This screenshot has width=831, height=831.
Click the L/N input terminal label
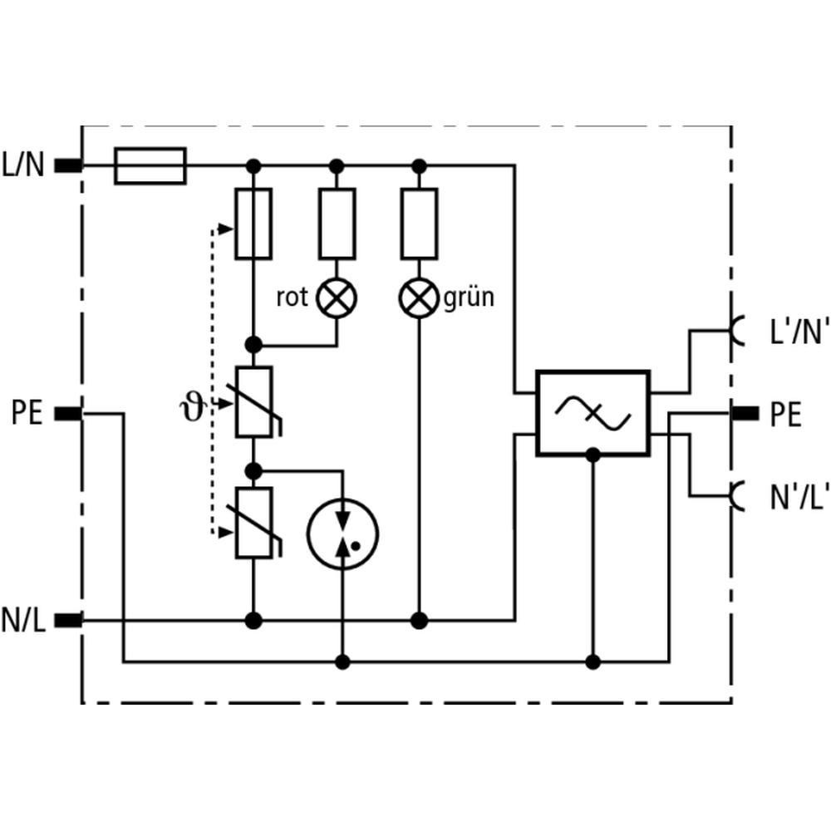(x=23, y=165)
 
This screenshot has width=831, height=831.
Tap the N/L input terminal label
(x=23, y=620)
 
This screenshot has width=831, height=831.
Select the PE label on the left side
(x=27, y=413)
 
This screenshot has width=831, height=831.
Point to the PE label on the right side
(x=785, y=414)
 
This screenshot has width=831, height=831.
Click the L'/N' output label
(x=799, y=332)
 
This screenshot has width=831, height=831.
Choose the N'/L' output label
(x=799, y=497)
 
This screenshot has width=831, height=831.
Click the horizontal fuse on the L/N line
(x=150, y=166)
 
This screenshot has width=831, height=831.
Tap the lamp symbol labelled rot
(x=337, y=297)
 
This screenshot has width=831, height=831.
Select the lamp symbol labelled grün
(x=419, y=297)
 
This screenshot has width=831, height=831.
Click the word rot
(x=292, y=297)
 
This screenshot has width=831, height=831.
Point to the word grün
(x=469, y=297)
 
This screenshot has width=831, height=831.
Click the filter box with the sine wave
(x=593, y=413)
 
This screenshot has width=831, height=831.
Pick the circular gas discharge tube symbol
(x=343, y=534)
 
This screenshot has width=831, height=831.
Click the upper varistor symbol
(x=256, y=401)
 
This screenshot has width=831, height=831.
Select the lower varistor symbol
(x=256, y=523)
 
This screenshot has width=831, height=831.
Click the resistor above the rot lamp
(x=337, y=224)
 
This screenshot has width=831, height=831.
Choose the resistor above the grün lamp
(x=419, y=224)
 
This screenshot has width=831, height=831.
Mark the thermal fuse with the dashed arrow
(x=253, y=224)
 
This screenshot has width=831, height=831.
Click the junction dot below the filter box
(x=593, y=455)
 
